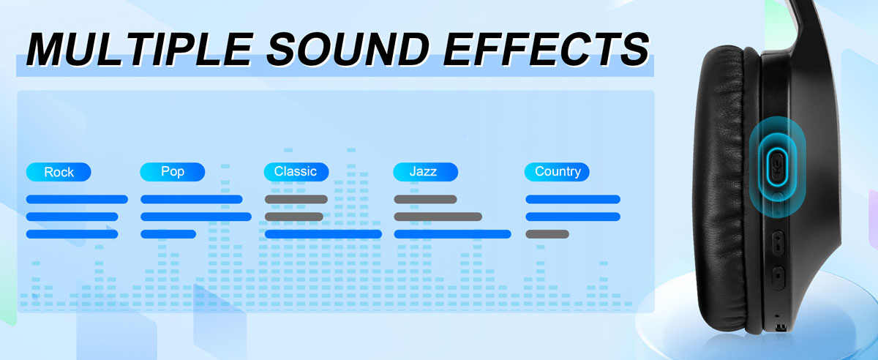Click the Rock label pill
click(59, 172)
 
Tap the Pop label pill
click(173, 172)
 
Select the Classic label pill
click(296, 172)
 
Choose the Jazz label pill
click(425, 172)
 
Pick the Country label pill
click(557, 172)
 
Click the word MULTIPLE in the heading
click(140, 49)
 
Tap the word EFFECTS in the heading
click(546, 49)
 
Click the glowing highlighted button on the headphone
click(778, 167)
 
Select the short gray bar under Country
click(547, 234)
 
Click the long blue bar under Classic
click(323, 234)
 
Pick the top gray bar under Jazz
click(425, 199)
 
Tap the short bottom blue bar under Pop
click(168, 234)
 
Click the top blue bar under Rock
click(77, 199)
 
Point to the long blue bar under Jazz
click(452, 234)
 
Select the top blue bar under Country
click(573, 199)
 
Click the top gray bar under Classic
click(296, 199)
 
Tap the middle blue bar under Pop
click(196, 217)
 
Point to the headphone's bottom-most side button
click(778, 277)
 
